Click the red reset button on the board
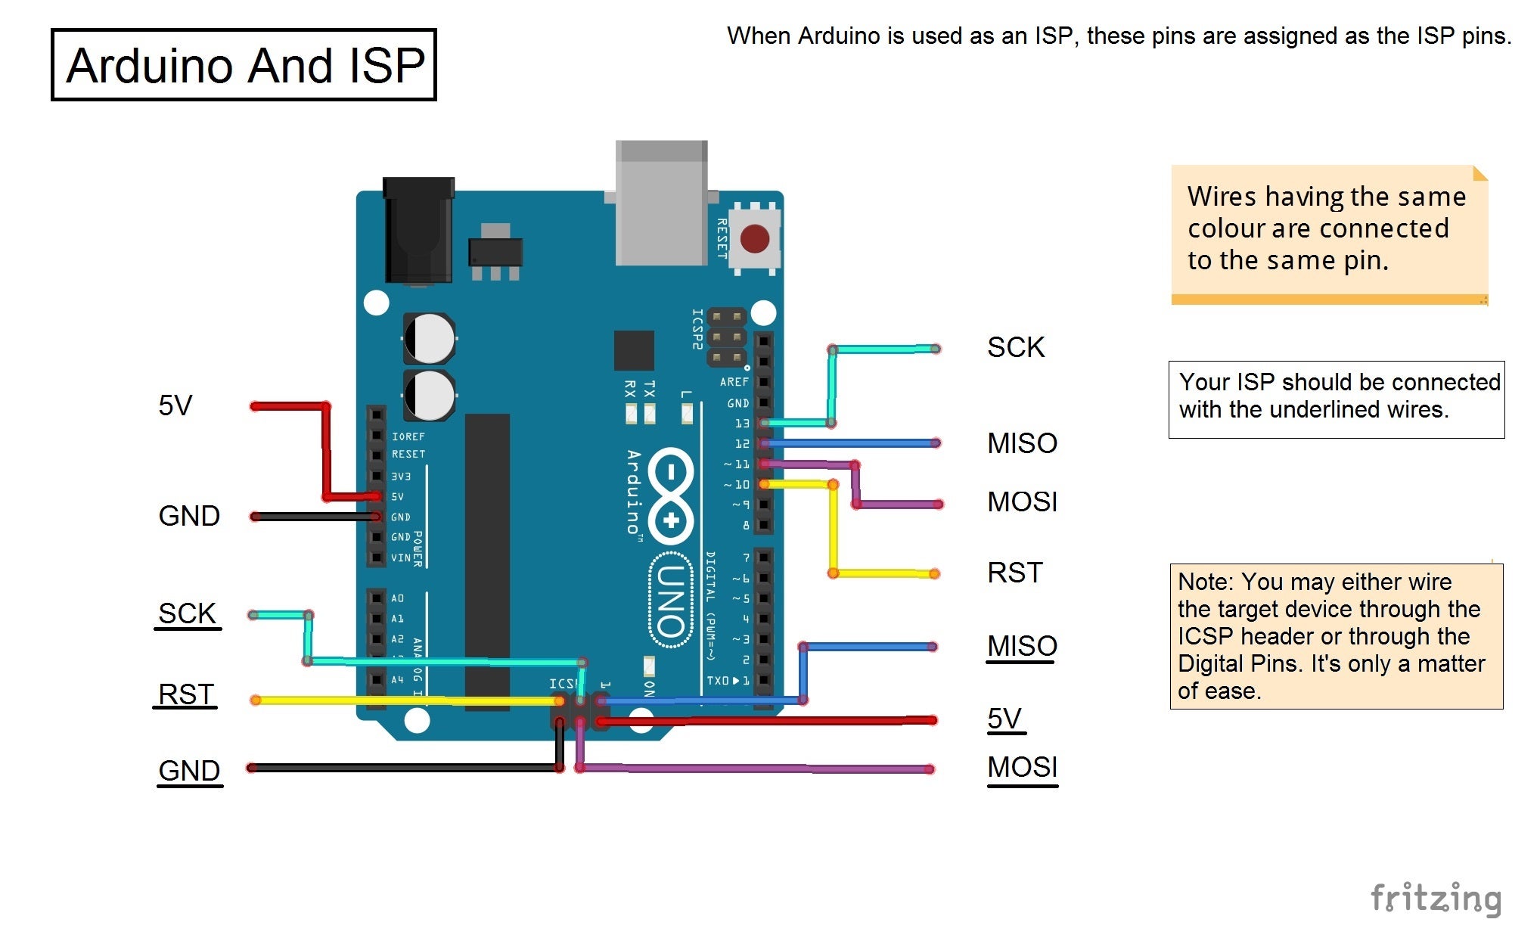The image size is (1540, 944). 754,239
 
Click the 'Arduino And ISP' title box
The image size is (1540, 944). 244,65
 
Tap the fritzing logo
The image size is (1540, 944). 1435,899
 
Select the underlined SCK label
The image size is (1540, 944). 187,613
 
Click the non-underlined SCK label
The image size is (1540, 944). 1015,347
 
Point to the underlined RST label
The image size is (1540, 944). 185,694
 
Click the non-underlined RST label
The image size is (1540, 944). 1014,573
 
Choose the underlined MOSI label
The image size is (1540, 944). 1022,768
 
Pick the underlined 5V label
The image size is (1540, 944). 1004,719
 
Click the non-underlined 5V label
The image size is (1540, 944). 175,405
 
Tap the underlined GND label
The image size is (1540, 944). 189,771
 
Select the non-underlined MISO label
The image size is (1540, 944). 1022,443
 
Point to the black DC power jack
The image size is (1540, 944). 418,230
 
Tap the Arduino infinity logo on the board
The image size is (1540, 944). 670,495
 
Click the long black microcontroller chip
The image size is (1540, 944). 487,560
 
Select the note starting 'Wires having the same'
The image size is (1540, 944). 1328,228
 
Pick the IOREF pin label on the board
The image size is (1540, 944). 408,436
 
